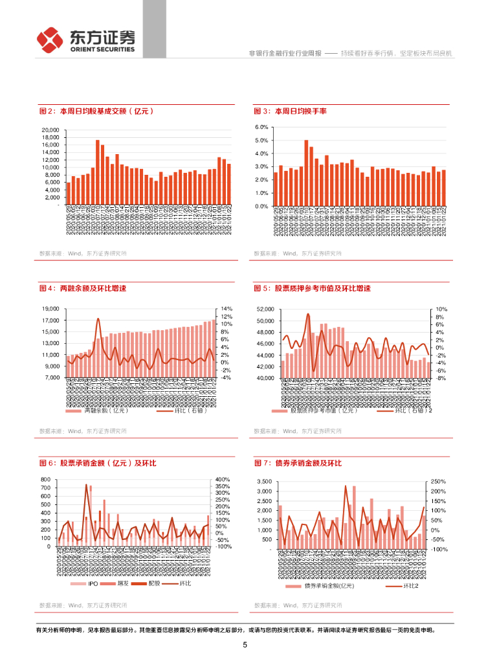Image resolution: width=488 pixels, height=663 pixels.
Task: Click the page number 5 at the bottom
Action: click(245, 645)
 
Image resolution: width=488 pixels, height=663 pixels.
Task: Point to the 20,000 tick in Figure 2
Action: click(50, 130)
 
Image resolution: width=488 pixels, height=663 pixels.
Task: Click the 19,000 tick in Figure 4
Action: click(50, 309)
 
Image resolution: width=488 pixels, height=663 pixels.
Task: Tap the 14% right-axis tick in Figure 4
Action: click(227, 309)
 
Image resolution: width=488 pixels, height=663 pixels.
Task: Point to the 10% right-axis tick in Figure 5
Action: click(441, 309)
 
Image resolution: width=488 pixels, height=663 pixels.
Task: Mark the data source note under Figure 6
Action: click(83, 605)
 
